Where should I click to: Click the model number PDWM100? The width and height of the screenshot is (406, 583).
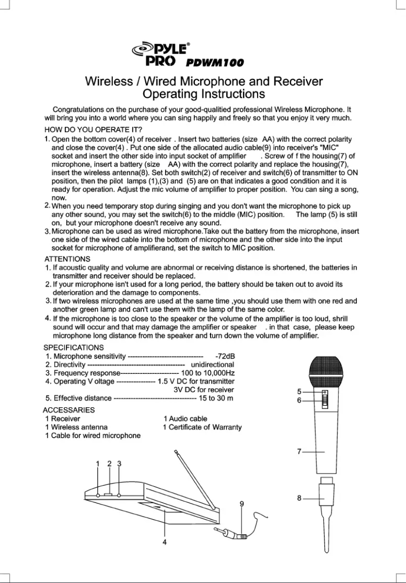pyautogui.click(x=215, y=63)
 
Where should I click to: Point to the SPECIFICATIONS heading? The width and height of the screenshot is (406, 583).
pyautogui.click(x=73, y=347)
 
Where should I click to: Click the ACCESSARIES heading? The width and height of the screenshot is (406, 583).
pyautogui.click(x=69, y=409)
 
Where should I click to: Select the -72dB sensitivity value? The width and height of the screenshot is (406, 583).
pyautogui.click(x=225, y=356)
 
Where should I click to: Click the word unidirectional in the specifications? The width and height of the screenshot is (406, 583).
pyautogui.click(x=212, y=364)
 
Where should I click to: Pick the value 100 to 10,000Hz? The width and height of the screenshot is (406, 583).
pyautogui.click(x=208, y=373)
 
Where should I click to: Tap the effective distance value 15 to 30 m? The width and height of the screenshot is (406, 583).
pyautogui.click(x=216, y=398)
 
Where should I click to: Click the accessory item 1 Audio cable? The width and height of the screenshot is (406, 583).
pyautogui.click(x=185, y=418)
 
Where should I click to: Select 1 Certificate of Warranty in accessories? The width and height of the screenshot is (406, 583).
pyautogui.click(x=202, y=427)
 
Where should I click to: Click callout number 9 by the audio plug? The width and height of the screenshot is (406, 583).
pyautogui.click(x=242, y=503)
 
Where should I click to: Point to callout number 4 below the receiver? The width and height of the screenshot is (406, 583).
pyautogui.click(x=164, y=541)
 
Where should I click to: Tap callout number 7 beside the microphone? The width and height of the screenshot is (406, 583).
pyautogui.click(x=300, y=451)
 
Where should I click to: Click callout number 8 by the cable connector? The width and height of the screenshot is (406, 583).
pyautogui.click(x=300, y=498)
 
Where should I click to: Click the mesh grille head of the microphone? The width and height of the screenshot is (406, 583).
pyautogui.click(x=327, y=371)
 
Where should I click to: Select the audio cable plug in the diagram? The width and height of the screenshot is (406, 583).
pyautogui.click(x=232, y=533)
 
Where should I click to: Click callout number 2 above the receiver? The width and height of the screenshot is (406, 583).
pyautogui.click(x=109, y=463)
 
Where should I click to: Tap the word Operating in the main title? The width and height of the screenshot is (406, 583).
pyautogui.click(x=170, y=94)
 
